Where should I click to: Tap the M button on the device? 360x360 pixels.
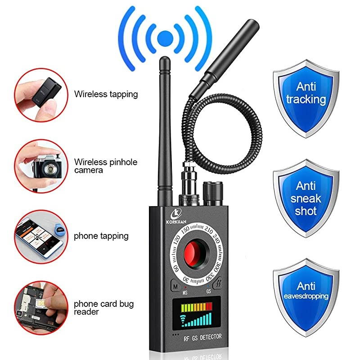click(x=175, y=286)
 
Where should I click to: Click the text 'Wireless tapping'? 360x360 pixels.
click(x=106, y=94)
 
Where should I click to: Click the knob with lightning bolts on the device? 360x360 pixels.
click(x=217, y=285)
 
